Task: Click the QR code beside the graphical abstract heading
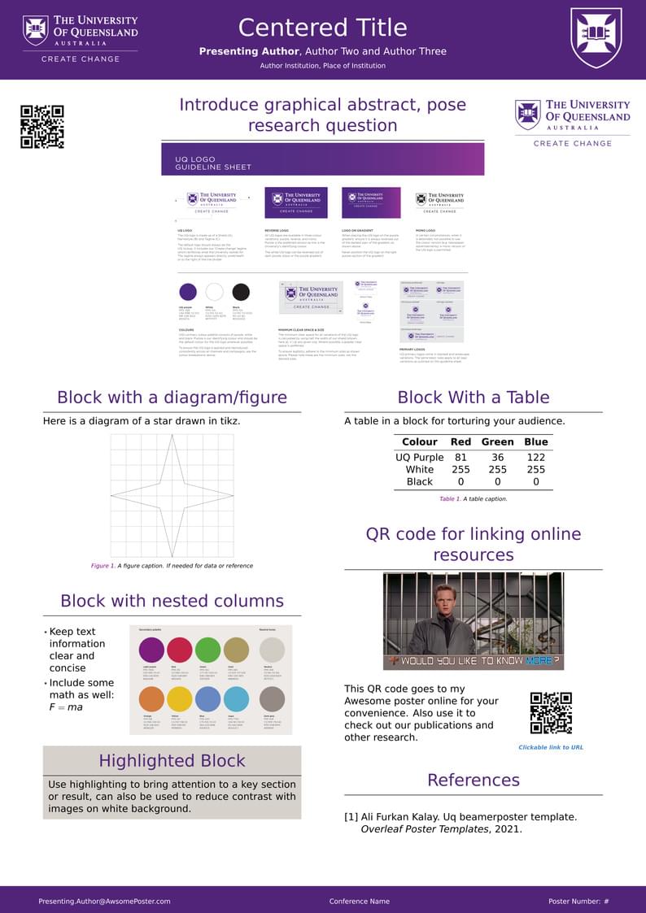41,126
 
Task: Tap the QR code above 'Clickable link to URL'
551,713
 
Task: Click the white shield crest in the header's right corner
596,37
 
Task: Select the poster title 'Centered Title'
322,28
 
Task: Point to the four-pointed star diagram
172,494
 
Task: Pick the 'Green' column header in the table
497,442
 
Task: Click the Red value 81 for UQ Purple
460,457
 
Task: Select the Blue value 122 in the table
535,457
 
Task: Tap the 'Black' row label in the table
419,481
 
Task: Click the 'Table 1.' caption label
449,498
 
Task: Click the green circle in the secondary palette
207,650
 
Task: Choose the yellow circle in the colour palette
179,698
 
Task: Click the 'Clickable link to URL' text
551,747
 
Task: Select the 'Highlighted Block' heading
172,761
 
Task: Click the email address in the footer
104,901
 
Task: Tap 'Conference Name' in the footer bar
359,901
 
